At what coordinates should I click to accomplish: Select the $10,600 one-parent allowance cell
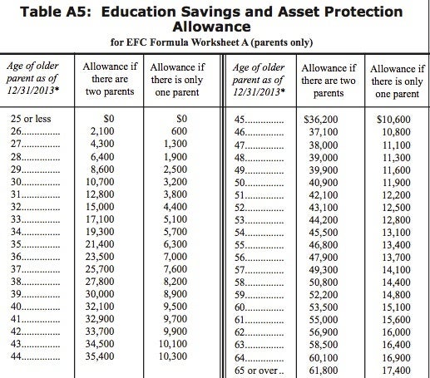(x=393, y=120)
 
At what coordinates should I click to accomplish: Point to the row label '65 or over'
(x=259, y=368)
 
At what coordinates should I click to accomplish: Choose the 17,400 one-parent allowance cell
(x=394, y=368)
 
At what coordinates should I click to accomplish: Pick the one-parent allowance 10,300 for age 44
(x=173, y=356)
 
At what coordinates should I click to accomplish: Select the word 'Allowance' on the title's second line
(x=214, y=28)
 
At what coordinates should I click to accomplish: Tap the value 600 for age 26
(x=177, y=132)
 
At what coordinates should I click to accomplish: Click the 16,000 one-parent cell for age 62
(x=394, y=331)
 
